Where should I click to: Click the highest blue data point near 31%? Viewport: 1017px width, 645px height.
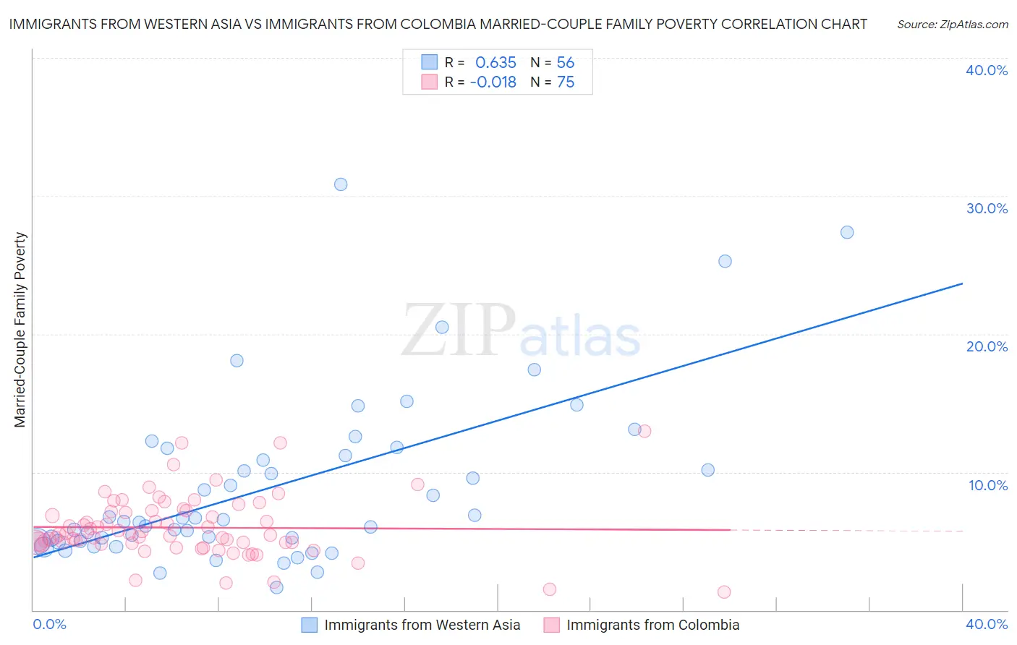pyautogui.click(x=341, y=184)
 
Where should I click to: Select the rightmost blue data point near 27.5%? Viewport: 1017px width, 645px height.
pyautogui.click(x=847, y=232)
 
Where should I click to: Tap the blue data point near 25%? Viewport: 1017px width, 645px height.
pyautogui.click(x=725, y=261)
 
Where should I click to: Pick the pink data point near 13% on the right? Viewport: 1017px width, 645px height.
pyautogui.click(x=644, y=431)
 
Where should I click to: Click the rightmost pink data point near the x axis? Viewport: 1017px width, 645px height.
pyautogui.click(x=724, y=592)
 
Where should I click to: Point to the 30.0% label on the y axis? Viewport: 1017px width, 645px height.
pyautogui.click(x=987, y=208)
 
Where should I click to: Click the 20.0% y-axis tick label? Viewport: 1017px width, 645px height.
pyautogui.click(x=987, y=346)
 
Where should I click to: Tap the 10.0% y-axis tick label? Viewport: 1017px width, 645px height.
pyautogui.click(x=988, y=485)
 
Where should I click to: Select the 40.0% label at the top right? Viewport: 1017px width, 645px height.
pyautogui.click(x=987, y=70)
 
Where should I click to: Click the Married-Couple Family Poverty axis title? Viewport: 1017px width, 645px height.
pyautogui.click(x=20, y=330)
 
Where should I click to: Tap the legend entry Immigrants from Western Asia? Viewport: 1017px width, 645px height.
pyautogui.click(x=422, y=625)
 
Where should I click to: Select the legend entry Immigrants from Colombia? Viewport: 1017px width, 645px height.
pyautogui.click(x=652, y=625)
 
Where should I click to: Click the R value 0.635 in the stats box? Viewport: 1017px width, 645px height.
pyautogui.click(x=495, y=63)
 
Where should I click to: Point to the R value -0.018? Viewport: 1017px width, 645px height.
pyautogui.click(x=493, y=82)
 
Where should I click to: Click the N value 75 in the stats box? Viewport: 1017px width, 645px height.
pyautogui.click(x=566, y=82)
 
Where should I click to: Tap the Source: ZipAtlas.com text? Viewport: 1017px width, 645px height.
pyautogui.click(x=952, y=25)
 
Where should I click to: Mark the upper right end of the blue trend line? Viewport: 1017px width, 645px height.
pyautogui.click(x=962, y=283)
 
